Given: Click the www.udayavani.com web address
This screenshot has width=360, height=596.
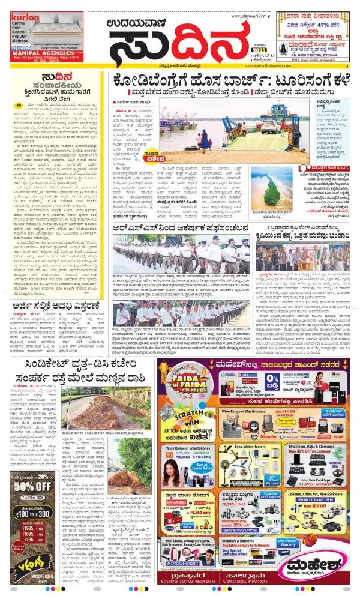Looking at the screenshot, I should point(247,16).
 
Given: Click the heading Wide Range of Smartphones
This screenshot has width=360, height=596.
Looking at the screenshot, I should point(187,448).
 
